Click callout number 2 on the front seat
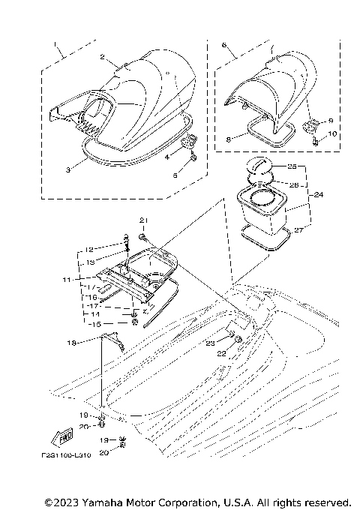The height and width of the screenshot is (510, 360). coord(103,57)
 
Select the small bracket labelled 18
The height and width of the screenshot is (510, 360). coord(112,338)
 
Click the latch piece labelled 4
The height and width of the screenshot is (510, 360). coord(190,140)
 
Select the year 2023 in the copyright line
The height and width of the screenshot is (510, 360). coord(61,502)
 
